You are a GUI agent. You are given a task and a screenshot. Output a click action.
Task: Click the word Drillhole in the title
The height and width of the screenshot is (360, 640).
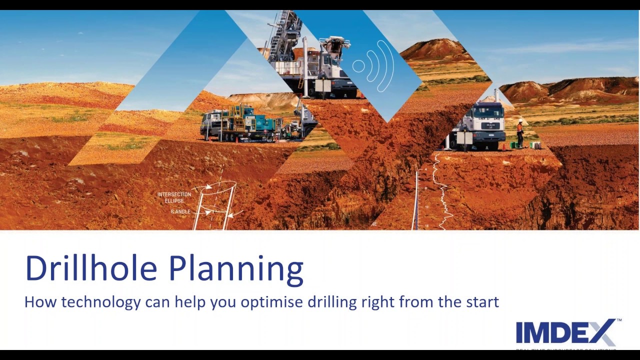pyautogui.click(x=91, y=268)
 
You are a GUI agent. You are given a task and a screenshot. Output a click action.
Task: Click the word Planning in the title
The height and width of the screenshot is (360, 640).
pyautogui.click(x=236, y=269)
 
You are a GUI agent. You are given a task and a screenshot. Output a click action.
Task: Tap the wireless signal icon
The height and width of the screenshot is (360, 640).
pyautogui.click(x=373, y=66)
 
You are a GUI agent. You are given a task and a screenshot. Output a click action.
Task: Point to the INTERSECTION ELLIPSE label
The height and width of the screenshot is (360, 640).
pyautogui.click(x=174, y=197)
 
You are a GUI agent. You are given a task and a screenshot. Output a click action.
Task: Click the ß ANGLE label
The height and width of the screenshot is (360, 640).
pyautogui.click(x=180, y=212)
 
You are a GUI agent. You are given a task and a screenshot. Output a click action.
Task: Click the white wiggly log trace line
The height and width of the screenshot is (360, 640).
pyautogui.click(x=442, y=192)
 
